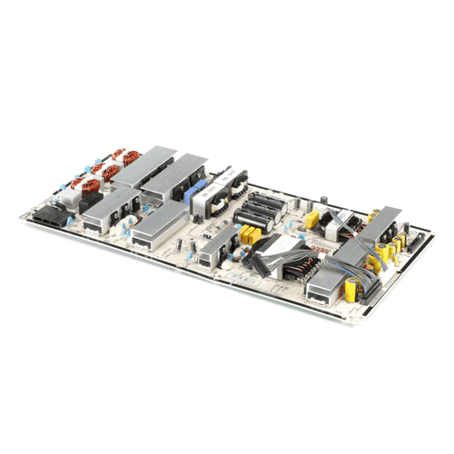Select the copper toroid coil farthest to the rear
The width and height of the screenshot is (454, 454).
point(126,159)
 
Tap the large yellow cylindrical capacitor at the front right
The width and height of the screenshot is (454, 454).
point(349,289)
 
